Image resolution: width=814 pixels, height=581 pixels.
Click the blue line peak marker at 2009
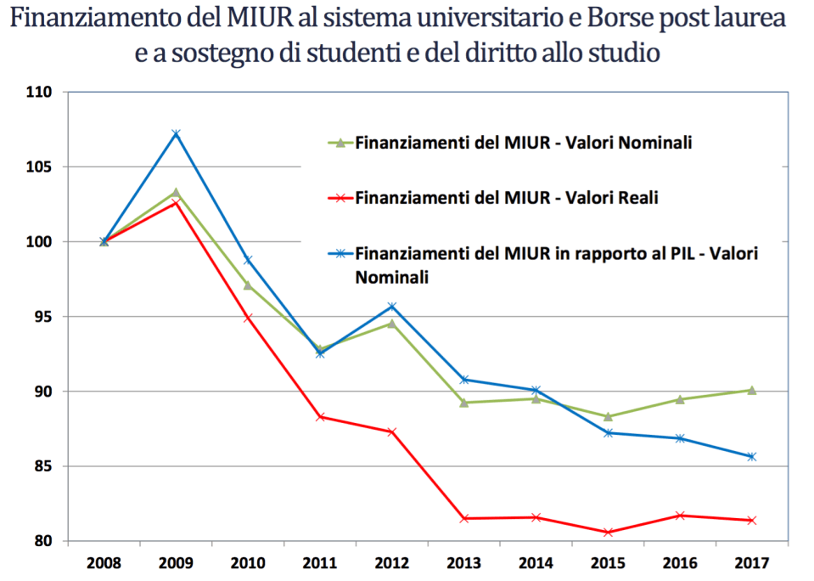click(176, 133)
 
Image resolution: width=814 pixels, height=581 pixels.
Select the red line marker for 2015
click(608, 533)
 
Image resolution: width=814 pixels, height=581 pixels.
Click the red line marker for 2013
click(464, 518)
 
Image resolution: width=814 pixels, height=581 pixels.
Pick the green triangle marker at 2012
click(392, 323)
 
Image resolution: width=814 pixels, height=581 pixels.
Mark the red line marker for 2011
click(320, 417)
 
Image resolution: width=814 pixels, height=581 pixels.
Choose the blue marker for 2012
click(392, 306)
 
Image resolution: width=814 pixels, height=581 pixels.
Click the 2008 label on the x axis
click(104, 562)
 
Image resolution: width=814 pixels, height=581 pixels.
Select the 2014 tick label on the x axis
click(536, 562)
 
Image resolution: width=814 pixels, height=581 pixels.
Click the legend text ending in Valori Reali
click(507, 198)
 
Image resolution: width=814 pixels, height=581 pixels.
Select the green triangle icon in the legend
click(340, 143)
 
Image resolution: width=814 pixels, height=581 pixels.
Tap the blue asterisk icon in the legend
click(340, 253)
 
